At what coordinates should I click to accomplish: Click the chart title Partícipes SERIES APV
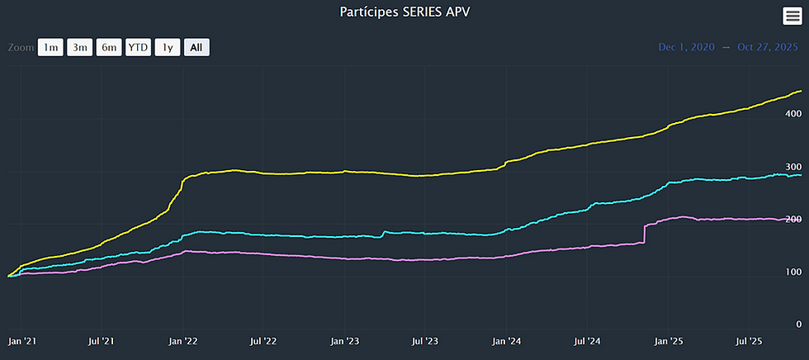click(x=404, y=12)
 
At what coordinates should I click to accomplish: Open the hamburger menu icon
click(x=792, y=16)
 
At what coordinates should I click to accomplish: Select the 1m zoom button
click(x=50, y=47)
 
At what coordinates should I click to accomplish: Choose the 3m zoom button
click(x=80, y=47)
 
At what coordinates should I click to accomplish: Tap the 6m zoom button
click(x=109, y=47)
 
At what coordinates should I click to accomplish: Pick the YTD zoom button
click(x=138, y=47)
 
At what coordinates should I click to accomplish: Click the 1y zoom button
click(x=167, y=47)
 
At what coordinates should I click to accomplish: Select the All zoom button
click(x=196, y=47)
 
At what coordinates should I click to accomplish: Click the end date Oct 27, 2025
click(x=767, y=47)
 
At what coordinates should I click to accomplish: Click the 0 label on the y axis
click(x=797, y=324)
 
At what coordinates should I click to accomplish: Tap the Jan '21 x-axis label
click(x=21, y=340)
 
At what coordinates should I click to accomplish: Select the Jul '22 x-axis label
click(x=263, y=340)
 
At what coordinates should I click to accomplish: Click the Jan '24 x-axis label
click(x=506, y=340)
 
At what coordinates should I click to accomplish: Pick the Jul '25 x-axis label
click(x=748, y=340)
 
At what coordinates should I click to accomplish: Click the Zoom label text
click(x=21, y=47)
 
